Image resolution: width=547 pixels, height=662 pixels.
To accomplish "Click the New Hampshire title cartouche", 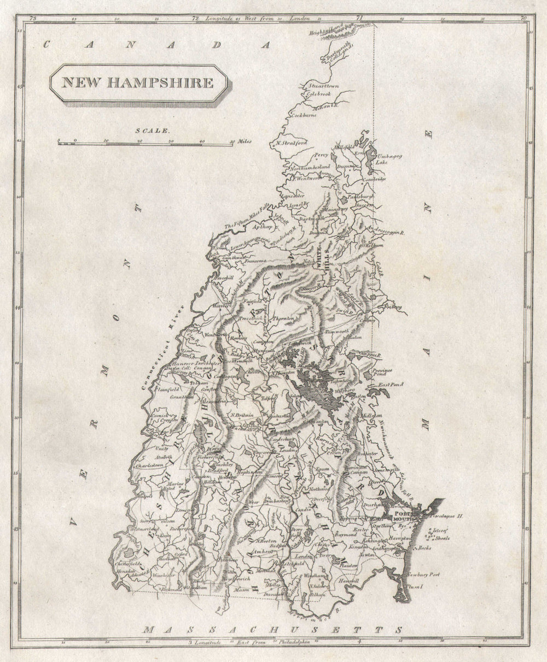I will click(x=138, y=83).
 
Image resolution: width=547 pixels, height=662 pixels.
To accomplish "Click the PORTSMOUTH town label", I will click(x=405, y=517).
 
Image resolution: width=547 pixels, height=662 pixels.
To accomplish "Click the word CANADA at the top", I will click(x=158, y=45).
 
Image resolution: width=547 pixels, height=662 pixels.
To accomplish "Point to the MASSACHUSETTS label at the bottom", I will click(x=273, y=630).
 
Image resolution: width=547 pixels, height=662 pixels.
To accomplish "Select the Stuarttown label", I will click(x=324, y=86).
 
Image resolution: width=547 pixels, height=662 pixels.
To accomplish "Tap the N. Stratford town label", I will click(x=292, y=143).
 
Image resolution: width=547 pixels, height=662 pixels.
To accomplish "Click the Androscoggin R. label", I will click(x=385, y=232).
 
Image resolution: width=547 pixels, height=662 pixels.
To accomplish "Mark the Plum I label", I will click(x=416, y=586).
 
